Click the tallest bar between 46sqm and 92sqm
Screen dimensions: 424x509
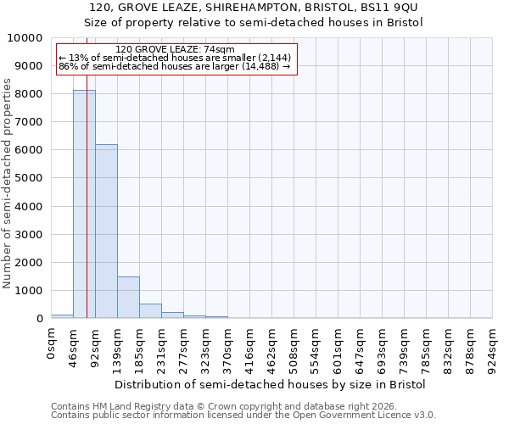(84, 204)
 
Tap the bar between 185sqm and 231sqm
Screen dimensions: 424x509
(150, 310)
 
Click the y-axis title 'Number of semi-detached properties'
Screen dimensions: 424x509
(8, 183)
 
